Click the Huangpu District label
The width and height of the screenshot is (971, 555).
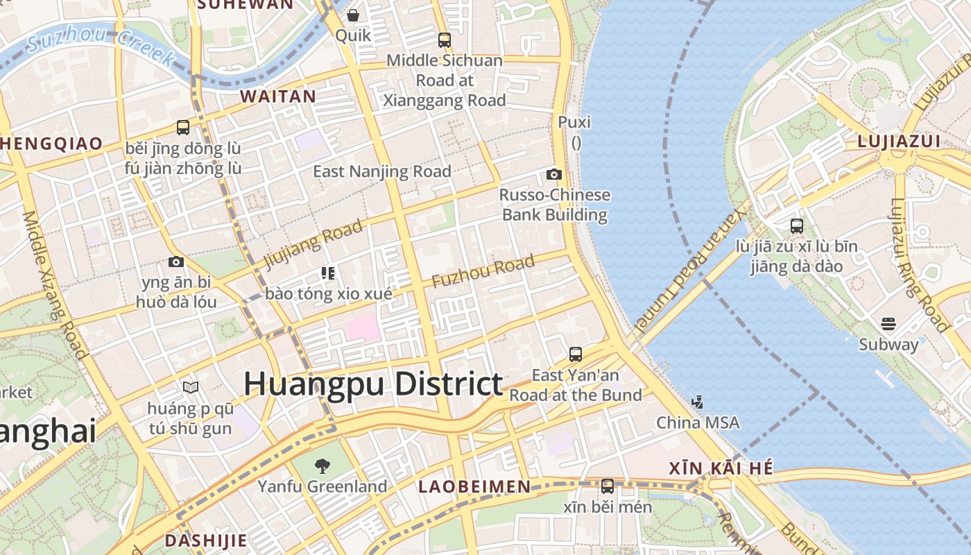click(x=373, y=384)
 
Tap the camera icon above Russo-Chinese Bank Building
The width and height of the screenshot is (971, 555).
click(x=553, y=174)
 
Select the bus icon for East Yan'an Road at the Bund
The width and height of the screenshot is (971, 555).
click(x=575, y=355)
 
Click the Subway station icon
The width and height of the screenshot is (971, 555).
click(x=888, y=324)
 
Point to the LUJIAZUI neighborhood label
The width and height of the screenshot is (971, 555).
click(x=899, y=142)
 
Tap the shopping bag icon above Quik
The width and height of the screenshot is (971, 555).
click(x=353, y=15)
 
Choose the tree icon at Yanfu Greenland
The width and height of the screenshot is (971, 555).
click(x=322, y=466)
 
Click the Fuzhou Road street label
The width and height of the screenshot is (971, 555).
click(x=483, y=271)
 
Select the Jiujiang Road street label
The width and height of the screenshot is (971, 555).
click(x=313, y=244)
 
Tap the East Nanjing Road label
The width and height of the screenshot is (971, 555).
click(x=382, y=171)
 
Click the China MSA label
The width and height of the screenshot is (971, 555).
click(x=698, y=422)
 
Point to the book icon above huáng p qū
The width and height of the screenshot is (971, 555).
click(x=191, y=387)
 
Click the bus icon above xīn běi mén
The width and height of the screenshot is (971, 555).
click(x=608, y=486)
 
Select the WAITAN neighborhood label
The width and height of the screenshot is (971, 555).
click(x=278, y=96)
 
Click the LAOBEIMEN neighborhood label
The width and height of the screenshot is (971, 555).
click(x=475, y=486)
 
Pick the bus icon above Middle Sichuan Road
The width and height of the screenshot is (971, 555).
click(x=445, y=40)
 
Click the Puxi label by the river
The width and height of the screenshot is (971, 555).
click(x=574, y=122)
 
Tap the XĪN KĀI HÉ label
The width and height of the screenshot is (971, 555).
click(x=721, y=468)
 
